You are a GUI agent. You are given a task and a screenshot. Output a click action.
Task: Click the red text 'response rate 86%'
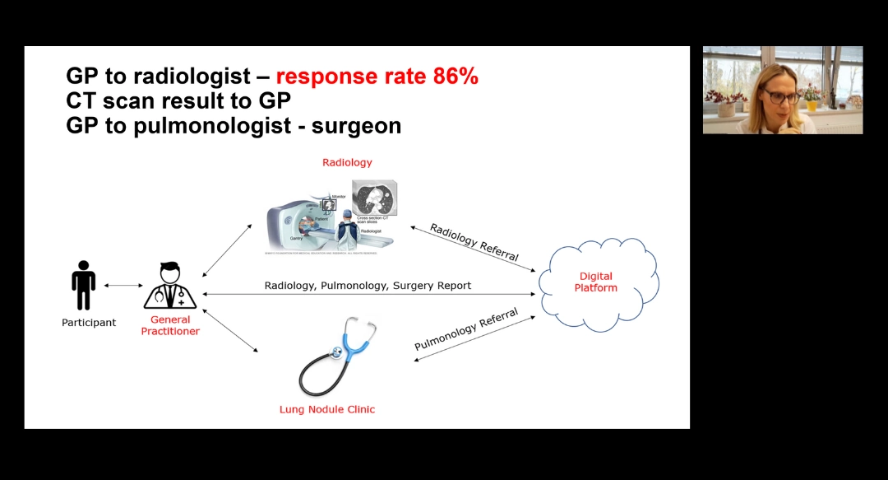[x=377, y=77]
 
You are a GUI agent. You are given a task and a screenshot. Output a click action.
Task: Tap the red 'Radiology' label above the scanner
[x=347, y=162]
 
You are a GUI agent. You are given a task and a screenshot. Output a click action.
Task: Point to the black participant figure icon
[x=83, y=285]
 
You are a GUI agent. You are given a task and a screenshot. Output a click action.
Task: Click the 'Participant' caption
[x=89, y=323]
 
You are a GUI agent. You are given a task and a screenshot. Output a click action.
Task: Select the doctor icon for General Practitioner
[x=170, y=286]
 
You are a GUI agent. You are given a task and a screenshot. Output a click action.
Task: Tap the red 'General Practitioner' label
[x=170, y=325]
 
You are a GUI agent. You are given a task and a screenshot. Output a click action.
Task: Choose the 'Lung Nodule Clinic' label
[x=327, y=409]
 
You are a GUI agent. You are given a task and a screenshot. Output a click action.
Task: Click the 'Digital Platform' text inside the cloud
[x=595, y=282]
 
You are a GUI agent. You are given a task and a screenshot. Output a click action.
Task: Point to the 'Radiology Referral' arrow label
[x=474, y=242]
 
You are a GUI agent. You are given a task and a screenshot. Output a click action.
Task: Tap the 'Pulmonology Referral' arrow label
[x=466, y=329]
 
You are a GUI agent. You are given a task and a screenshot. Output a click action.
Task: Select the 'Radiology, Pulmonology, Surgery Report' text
[x=368, y=286]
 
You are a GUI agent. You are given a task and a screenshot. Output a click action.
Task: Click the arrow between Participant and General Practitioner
[x=123, y=286]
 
